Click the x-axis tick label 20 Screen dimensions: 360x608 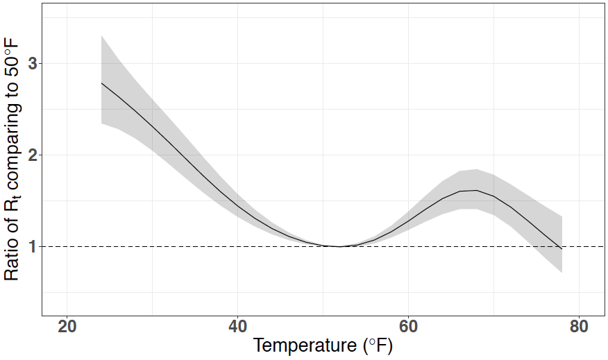(67, 327)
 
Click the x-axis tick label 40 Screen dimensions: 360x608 (237, 327)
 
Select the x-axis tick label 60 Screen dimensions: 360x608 (408, 327)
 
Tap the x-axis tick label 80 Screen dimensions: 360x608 (579, 327)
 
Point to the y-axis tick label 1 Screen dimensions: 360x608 (31, 247)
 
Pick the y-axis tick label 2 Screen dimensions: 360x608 (31, 155)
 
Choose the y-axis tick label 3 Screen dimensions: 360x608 (31, 65)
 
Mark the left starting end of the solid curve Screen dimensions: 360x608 (101, 83)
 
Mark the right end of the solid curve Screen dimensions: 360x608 (561, 248)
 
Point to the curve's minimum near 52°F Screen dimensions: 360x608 (340, 246)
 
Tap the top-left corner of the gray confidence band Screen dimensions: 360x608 (101, 35)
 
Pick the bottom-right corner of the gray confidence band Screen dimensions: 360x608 (561, 273)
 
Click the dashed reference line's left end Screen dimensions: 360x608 (43, 246)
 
